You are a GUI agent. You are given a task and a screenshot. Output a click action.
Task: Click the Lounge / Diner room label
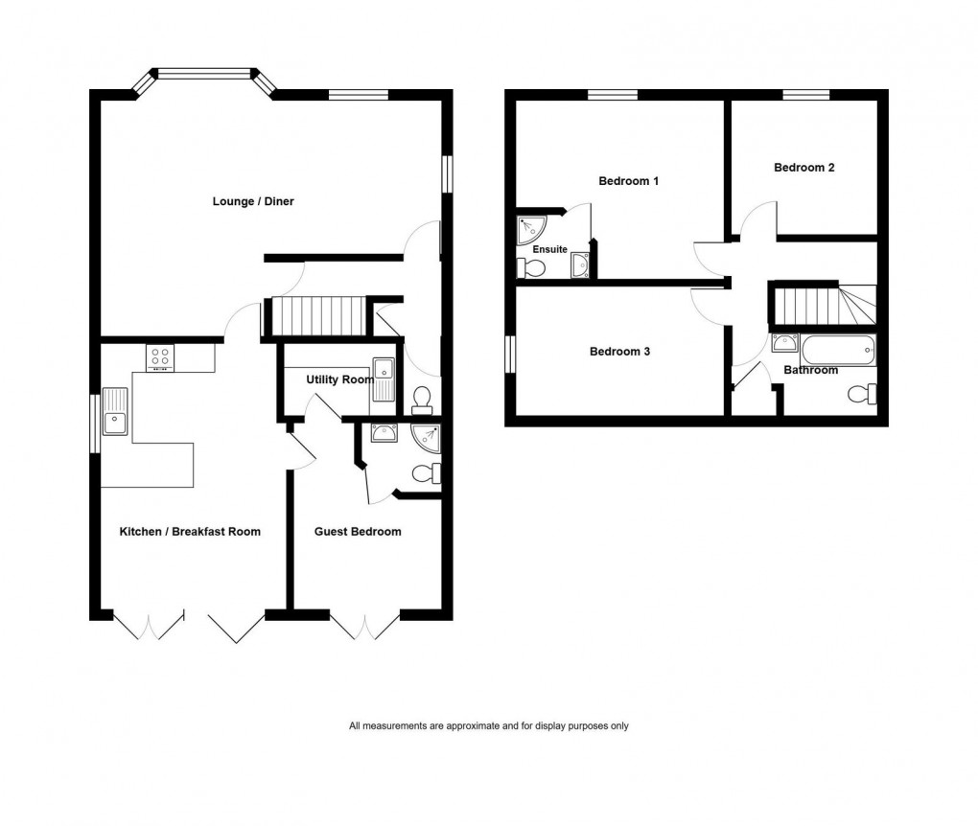[253, 201]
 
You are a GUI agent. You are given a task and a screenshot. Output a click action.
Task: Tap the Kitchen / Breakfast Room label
[190, 531]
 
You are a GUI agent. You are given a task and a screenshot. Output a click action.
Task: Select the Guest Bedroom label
[358, 531]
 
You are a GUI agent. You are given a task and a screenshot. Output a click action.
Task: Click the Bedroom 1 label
[628, 181]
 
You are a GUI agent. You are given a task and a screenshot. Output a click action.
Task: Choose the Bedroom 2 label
[803, 167]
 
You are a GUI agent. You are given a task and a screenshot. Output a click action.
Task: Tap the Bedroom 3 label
[619, 352]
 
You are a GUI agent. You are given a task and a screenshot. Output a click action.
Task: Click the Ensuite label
[551, 249]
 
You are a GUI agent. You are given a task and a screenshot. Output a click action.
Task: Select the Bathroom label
[810, 370]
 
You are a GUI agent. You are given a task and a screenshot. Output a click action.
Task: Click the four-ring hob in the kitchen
[160, 357]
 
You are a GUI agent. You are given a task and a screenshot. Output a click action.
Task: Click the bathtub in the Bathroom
[839, 350]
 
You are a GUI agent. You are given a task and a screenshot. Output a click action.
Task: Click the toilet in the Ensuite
[530, 268]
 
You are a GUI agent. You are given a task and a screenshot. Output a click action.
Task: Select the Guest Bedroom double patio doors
[364, 625]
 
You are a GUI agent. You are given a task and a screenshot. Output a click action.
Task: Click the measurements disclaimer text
[489, 726]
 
